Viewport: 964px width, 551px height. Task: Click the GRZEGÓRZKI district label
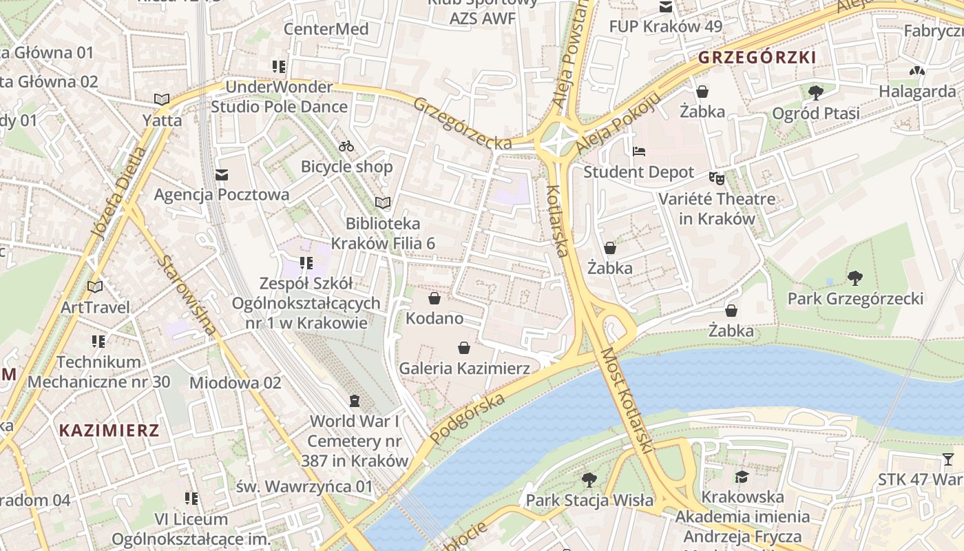757,58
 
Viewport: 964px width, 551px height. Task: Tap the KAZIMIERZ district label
109,430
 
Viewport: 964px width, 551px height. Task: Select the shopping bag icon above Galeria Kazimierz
465,348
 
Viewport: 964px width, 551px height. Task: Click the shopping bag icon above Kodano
434,298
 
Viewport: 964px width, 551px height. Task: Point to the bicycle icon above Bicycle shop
346,146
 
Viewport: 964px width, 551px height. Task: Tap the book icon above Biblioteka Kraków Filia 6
382,202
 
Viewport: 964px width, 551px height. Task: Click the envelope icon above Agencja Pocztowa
222,175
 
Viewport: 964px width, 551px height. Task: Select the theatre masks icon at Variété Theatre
717,178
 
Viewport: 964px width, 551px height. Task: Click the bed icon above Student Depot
639,151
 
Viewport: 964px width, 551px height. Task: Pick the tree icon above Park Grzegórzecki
855,278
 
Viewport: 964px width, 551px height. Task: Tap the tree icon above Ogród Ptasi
816,92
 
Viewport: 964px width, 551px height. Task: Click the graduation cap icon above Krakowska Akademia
742,477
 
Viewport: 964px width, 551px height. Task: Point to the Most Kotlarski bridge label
626,400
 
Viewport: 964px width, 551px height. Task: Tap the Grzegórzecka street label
462,123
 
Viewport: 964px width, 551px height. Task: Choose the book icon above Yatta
162,100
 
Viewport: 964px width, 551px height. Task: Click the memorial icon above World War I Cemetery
355,400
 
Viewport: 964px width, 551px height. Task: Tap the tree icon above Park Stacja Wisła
589,479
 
